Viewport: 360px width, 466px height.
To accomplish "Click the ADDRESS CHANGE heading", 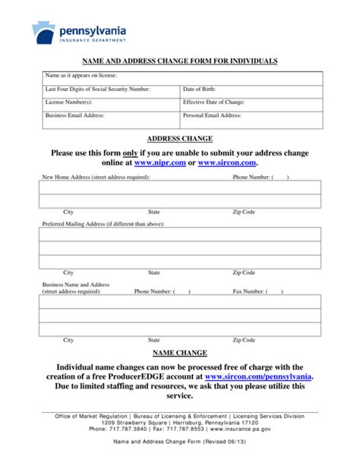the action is point(179,139).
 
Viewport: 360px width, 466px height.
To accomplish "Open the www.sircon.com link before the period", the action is point(227,162).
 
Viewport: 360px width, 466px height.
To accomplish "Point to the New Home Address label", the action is point(96,177).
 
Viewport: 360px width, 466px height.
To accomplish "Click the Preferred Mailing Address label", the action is point(99,225).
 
